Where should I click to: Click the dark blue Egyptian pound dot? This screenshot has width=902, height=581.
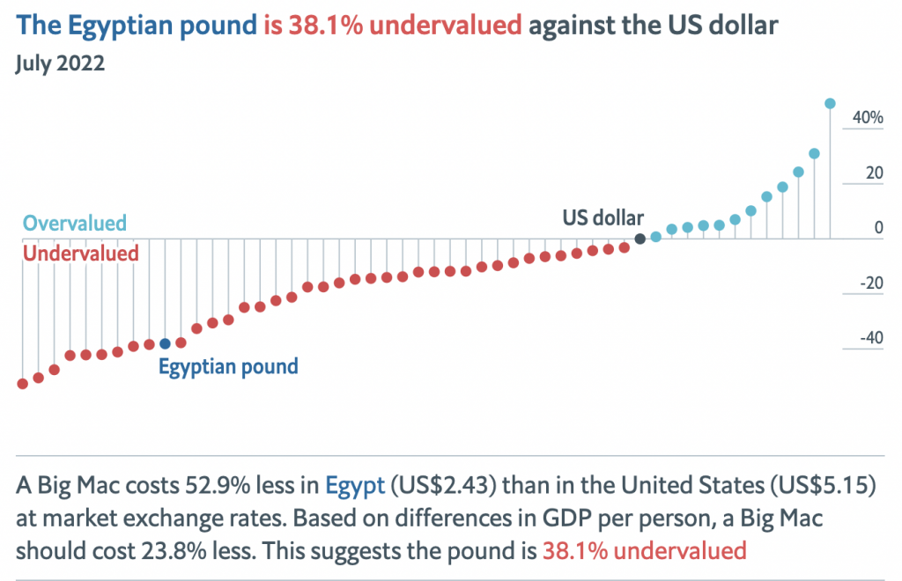165,343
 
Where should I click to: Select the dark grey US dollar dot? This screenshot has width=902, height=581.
640,239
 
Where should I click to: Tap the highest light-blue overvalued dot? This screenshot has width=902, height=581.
830,103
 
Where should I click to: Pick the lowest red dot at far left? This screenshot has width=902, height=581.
23,384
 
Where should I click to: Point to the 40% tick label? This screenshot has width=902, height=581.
867,117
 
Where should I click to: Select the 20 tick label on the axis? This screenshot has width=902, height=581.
874,173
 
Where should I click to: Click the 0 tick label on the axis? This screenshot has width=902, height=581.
878,228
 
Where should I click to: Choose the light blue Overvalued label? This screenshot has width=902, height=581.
75,223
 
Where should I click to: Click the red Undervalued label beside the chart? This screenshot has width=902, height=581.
81,254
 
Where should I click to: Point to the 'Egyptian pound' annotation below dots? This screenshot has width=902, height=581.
228,366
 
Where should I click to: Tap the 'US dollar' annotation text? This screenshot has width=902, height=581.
603,217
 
